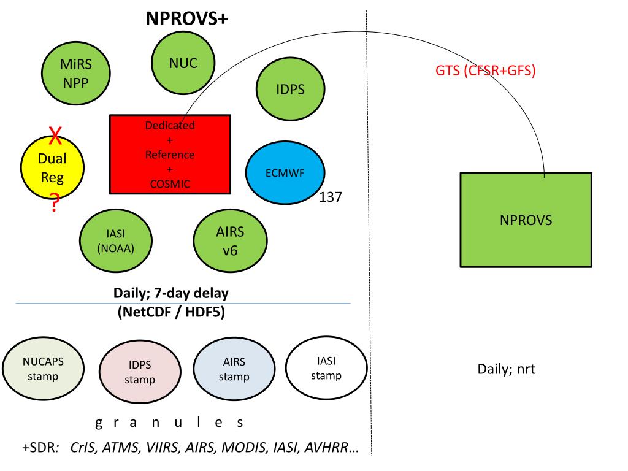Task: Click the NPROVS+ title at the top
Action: [186, 18]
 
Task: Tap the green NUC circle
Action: [183, 63]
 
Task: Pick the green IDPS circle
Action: [290, 90]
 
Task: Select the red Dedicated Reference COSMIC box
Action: [170, 154]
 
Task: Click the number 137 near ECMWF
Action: [331, 197]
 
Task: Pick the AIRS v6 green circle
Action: [230, 240]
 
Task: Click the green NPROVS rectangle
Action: [526, 220]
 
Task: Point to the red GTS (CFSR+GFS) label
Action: [484, 71]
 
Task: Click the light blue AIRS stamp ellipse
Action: [234, 370]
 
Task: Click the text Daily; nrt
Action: [506, 370]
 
